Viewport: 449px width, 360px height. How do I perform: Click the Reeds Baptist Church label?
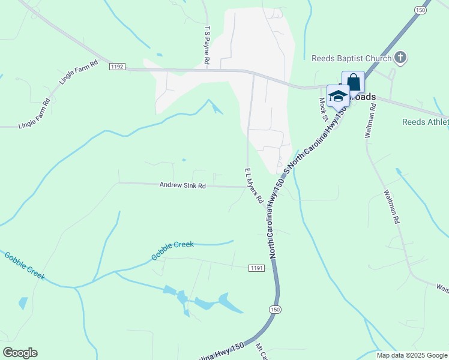(351, 58)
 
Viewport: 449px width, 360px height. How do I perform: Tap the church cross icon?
(400, 58)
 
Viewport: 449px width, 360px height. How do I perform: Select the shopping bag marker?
(353, 82)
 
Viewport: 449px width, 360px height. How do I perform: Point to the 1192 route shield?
(117, 67)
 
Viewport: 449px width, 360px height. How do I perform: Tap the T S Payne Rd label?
(206, 45)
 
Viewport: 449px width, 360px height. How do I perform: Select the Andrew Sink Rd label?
(182, 186)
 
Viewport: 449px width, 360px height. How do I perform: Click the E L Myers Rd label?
(254, 188)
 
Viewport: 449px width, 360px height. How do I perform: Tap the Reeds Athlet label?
(425, 122)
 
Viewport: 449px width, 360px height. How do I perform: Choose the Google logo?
(20, 353)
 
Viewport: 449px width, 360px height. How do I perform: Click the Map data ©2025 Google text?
(411, 355)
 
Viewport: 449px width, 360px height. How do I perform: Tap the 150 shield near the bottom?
(275, 309)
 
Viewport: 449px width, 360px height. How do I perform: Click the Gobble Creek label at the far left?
(25, 266)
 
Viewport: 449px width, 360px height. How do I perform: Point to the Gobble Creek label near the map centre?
(172, 251)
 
